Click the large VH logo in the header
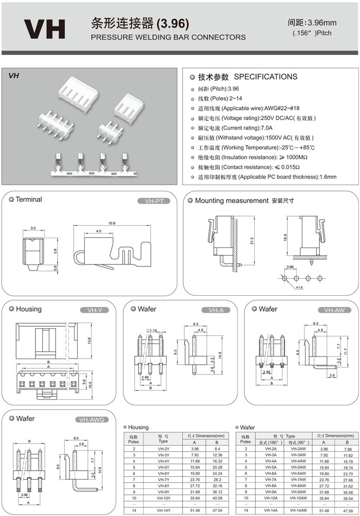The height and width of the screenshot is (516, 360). [x=45, y=29]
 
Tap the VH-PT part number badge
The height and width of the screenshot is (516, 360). [x=154, y=201]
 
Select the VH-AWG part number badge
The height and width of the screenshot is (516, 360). [x=92, y=419]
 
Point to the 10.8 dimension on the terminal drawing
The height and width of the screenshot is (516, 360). [x=112, y=223]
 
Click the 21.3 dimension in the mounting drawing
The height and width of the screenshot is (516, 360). [x=252, y=241]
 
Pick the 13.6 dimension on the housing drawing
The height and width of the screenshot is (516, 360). [x=89, y=340]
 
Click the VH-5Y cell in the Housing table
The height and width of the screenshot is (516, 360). [x=164, y=467]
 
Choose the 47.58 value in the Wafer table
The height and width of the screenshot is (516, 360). [x=348, y=509]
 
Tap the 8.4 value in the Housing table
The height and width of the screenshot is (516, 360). [x=217, y=449]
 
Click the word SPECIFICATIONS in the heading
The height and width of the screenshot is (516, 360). [x=265, y=77]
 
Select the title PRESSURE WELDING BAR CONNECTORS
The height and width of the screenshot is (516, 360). [x=168, y=37]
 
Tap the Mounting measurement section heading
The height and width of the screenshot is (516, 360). [x=232, y=200]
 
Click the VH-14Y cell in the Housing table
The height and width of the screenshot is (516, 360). [x=164, y=509]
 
